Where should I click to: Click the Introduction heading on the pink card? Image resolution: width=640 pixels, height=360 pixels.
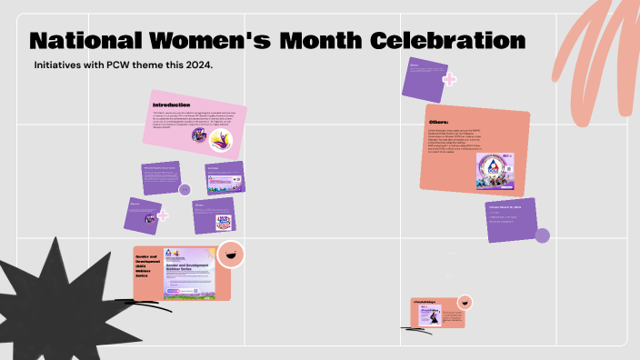[172, 105]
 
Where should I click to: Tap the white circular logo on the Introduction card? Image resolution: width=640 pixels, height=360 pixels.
[221, 140]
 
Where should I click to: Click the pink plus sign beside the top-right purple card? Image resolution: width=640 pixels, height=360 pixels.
[448, 79]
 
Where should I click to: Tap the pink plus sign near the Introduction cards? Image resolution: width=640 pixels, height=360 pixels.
[163, 216]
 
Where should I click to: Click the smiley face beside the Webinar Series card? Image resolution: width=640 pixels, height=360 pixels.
[230, 255]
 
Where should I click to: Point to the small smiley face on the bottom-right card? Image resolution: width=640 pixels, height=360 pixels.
[465, 302]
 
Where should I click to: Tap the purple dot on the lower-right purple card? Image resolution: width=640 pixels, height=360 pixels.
[542, 236]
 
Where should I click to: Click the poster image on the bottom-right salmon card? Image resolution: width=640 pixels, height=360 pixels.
[431, 315]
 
